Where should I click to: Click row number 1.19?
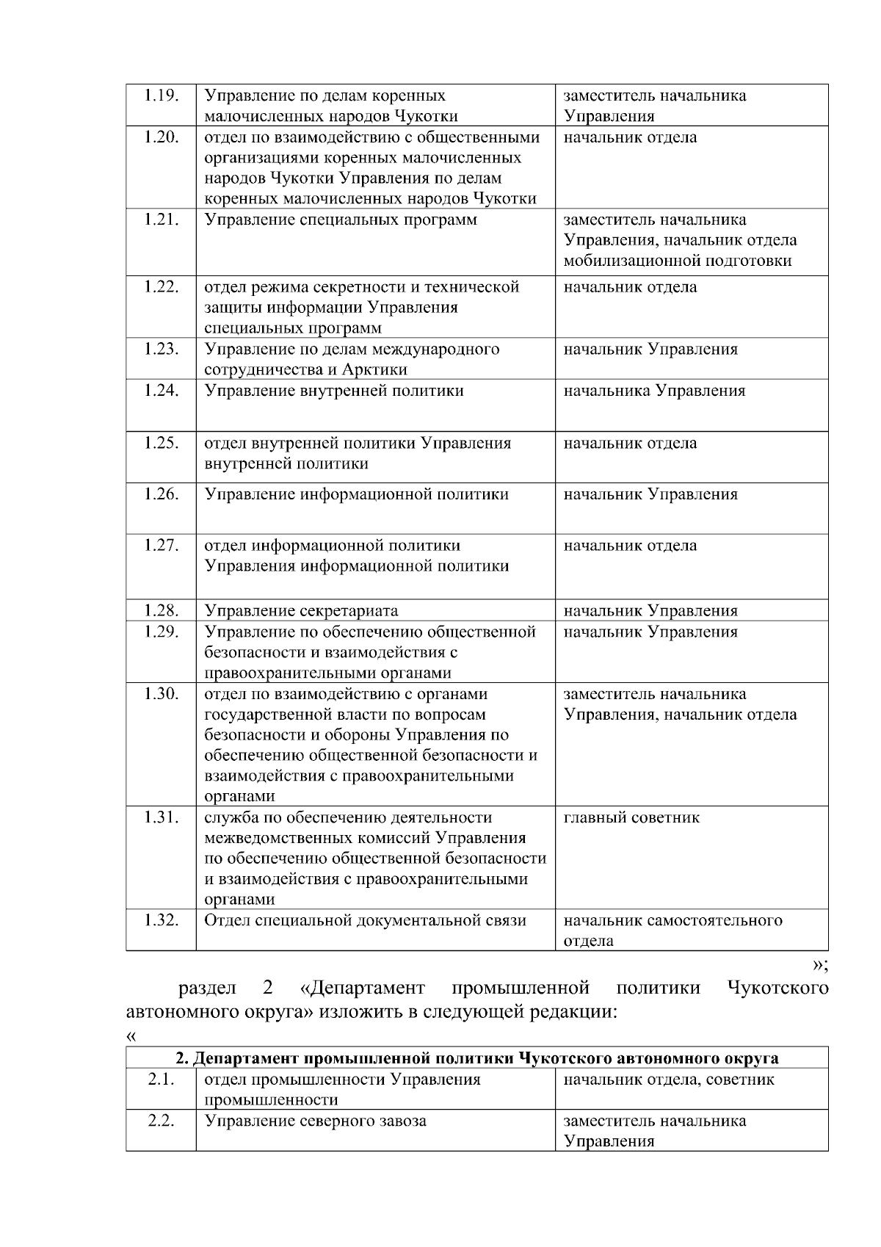coord(161,95)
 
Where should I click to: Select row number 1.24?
coord(161,391)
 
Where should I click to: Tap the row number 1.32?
coord(161,921)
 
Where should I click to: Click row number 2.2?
coord(161,1121)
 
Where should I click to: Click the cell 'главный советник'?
coord(631,818)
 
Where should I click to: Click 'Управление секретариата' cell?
coord(301,611)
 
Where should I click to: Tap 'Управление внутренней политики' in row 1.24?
coord(333,391)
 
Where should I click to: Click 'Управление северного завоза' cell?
coord(315,1121)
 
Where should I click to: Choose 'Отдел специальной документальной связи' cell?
coord(365,921)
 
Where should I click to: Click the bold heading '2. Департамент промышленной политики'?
coord(476,1058)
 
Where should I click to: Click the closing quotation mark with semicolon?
coord(820,964)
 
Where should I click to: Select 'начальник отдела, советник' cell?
coord(668,1080)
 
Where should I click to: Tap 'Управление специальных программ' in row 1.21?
coord(340,220)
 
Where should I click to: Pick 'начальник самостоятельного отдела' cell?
coord(672,930)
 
